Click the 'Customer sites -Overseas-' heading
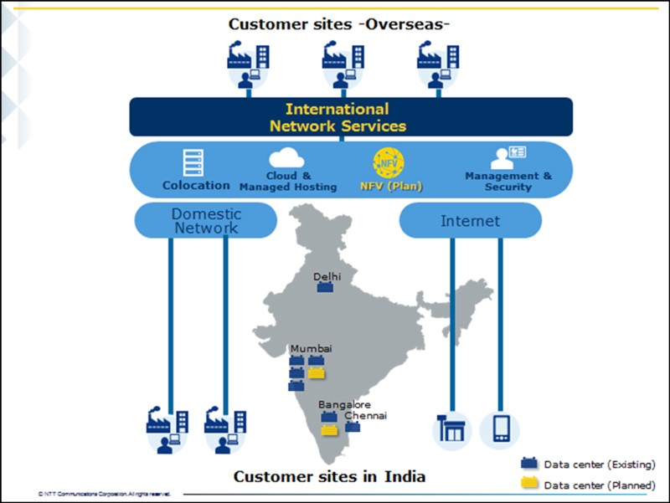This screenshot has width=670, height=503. (x=339, y=23)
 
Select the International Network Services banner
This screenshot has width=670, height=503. (x=338, y=117)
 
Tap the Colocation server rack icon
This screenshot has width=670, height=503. (x=194, y=162)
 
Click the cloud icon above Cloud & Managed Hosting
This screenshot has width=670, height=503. (x=286, y=157)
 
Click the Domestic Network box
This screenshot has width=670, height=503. (x=205, y=220)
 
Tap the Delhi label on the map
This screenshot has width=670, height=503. (x=327, y=276)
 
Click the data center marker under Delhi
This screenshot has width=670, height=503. (x=326, y=288)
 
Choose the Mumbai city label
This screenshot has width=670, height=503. (x=311, y=348)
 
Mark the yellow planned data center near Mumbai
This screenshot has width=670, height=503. (x=317, y=372)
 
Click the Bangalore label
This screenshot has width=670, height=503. (x=343, y=404)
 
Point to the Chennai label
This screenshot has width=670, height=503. (x=365, y=415)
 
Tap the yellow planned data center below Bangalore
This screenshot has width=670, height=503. (x=331, y=430)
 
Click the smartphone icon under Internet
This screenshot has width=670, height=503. (x=501, y=429)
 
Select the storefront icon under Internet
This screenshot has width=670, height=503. (x=451, y=429)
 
